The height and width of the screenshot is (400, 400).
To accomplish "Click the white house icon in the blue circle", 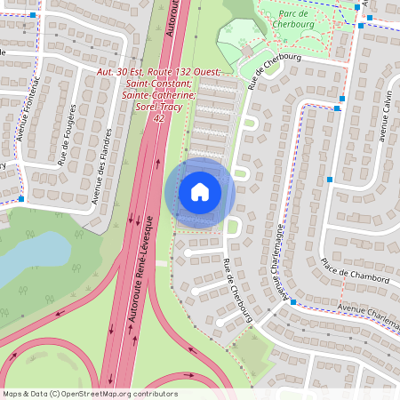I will click(x=200, y=192).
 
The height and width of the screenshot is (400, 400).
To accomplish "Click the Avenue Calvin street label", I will click(x=379, y=116).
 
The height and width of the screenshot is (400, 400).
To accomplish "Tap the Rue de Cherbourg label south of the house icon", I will click(x=238, y=290).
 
